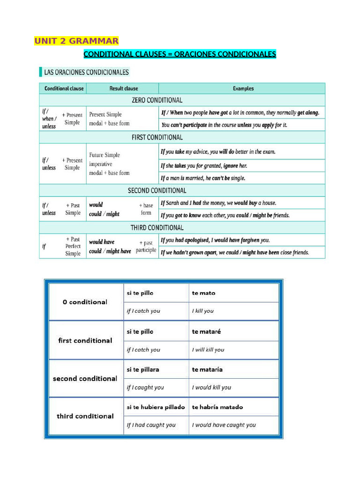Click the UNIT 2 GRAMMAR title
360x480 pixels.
(x=76, y=41)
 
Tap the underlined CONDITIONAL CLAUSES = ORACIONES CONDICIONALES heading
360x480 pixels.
(x=180, y=54)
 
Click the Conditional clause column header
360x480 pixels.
(x=64, y=88)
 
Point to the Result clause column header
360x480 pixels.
(x=124, y=88)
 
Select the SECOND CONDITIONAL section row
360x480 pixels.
(x=157, y=190)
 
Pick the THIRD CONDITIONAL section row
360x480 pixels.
(x=157, y=227)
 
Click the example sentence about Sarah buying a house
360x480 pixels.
(x=218, y=203)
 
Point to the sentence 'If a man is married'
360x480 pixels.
(x=203, y=178)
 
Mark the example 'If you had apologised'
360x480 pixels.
(x=215, y=240)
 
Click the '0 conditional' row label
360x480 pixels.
(x=85, y=302)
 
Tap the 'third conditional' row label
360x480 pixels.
(x=85, y=416)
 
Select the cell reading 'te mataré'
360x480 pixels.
(x=206, y=331)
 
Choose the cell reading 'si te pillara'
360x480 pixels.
(x=143, y=369)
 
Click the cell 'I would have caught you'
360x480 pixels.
(x=224, y=425)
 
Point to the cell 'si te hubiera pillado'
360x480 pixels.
(x=156, y=407)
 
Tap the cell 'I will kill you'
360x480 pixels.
(x=208, y=350)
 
